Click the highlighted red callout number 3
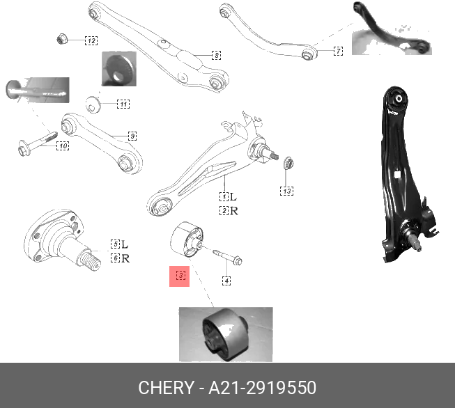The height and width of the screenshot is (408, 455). [x=180, y=276]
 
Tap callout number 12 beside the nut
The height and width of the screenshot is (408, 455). [x=91, y=40]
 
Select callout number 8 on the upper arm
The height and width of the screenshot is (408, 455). [x=216, y=54]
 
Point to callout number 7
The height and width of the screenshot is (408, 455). [x=338, y=51]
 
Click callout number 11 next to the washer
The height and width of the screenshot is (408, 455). [x=123, y=104]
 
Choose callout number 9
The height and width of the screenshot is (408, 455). [x=132, y=135]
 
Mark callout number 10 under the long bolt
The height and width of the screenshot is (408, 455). [x=62, y=146]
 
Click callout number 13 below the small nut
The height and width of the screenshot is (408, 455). [x=286, y=190]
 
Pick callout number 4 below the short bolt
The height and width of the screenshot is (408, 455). [x=226, y=281]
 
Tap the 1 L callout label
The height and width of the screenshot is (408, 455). [x=228, y=197]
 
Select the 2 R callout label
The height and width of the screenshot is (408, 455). [x=228, y=210]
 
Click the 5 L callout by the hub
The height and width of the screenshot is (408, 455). [x=119, y=244]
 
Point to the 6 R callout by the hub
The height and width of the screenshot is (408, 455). [x=119, y=258]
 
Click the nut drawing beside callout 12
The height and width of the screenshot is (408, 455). [x=62, y=38]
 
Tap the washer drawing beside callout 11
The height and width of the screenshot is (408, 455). [x=92, y=105]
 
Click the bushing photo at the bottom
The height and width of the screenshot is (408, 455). [x=226, y=334]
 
